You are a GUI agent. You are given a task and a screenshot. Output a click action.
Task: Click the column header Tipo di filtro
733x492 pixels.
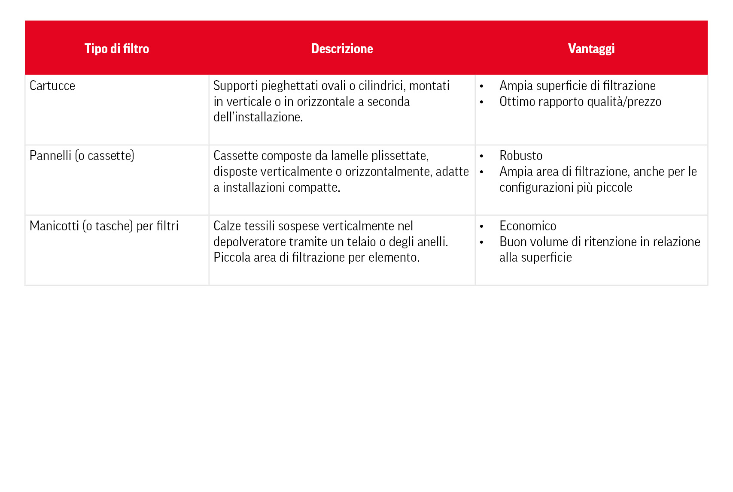pyautogui.click(x=117, y=48)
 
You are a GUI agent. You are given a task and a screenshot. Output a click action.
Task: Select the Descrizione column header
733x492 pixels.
pyautogui.click(x=342, y=48)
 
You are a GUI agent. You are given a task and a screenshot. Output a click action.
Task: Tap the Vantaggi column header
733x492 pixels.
pyautogui.click(x=591, y=48)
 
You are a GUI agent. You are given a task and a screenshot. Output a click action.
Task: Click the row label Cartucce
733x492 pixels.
pyautogui.click(x=52, y=86)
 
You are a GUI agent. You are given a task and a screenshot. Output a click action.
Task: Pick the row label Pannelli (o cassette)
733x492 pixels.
pyautogui.click(x=82, y=156)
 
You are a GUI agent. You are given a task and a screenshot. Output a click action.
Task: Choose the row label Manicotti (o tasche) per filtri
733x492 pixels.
pyautogui.click(x=104, y=226)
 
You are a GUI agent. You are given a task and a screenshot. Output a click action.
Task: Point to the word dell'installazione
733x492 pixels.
pyautogui.click(x=258, y=117)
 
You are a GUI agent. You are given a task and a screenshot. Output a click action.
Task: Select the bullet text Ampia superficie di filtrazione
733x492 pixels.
pyautogui.click(x=577, y=86)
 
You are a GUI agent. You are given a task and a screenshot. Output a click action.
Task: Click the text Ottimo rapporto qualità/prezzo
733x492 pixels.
pyautogui.click(x=580, y=102)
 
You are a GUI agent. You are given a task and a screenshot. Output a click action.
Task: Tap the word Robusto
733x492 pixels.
pyautogui.click(x=521, y=156)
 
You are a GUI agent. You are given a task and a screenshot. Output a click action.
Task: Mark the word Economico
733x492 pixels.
pyautogui.click(x=528, y=226)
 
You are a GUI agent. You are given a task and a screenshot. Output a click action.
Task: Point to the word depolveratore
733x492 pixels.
pyautogui.click(x=249, y=242)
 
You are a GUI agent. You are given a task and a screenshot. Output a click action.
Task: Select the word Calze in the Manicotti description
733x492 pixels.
pyautogui.click(x=227, y=226)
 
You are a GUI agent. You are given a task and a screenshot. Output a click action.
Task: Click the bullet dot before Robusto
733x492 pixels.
pyautogui.click(x=481, y=157)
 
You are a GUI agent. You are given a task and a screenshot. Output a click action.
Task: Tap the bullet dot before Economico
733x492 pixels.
pyautogui.click(x=481, y=227)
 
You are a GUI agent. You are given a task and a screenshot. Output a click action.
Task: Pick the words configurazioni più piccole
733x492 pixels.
pyautogui.click(x=566, y=187)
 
